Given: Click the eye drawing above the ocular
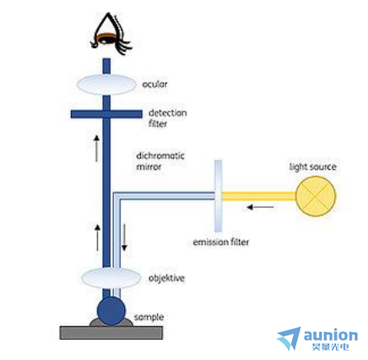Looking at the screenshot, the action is [x=111, y=35].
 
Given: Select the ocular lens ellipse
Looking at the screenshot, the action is [x=106, y=85].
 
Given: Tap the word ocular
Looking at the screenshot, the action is [x=154, y=85].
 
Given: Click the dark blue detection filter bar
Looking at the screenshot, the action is [x=106, y=114].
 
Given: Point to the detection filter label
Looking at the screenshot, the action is [x=167, y=118].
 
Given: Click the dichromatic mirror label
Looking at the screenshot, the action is [x=160, y=161].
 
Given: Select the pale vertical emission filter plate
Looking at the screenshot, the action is [x=218, y=196].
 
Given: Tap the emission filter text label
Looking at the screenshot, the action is [x=221, y=242].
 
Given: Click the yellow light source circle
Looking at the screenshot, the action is [x=316, y=196].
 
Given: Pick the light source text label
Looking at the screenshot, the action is [x=313, y=166].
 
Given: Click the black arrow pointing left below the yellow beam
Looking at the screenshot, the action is [x=260, y=207].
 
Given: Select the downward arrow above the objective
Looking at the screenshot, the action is [x=124, y=237].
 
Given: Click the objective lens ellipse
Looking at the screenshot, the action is [x=111, y=278].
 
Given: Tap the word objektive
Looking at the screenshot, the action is [x=166, y=278].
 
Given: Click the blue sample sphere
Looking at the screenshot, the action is [x=111, y=312].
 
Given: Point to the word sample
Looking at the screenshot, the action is [x=149, y=318].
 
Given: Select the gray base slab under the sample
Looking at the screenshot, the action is [x=111, y=333].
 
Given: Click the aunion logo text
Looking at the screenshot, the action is [x=331, y=335].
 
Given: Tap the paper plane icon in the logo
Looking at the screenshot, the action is [x=290, y=337].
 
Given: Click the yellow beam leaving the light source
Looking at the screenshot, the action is [x=259, y=196].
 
